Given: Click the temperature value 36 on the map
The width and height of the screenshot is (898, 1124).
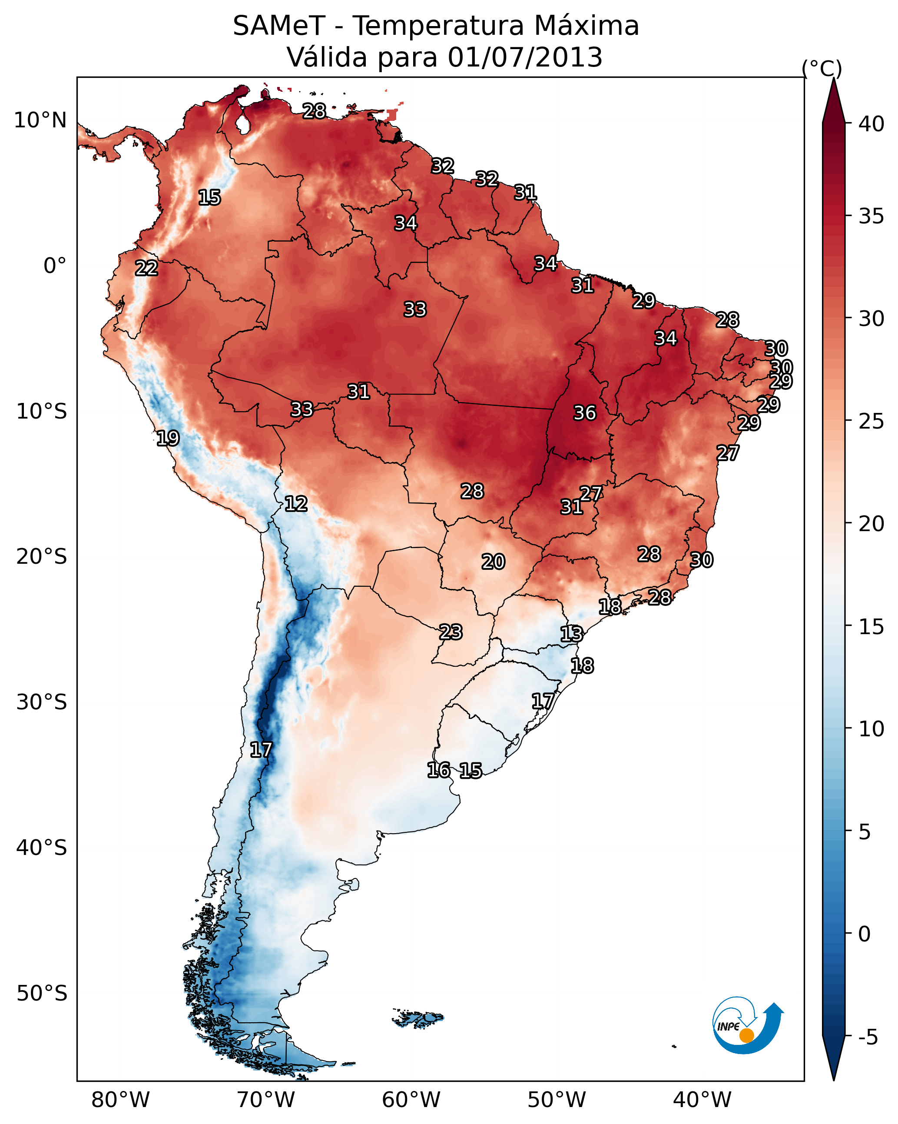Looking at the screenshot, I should point(584,413).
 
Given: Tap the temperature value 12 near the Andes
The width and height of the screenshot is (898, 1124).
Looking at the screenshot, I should point(295,504).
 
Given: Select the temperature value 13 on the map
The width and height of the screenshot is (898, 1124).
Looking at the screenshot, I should point(571,634).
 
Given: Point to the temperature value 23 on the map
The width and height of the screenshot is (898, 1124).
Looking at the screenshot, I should point(450,632).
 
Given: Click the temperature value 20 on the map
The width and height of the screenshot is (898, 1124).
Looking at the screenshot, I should point(493,562).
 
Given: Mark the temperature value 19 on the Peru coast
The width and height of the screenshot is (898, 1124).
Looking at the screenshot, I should point(168,438).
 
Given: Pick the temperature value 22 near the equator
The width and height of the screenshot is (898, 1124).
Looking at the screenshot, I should point(146,268).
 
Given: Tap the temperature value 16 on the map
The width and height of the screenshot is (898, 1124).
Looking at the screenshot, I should point(438,770).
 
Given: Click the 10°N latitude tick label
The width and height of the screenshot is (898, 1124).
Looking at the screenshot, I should point(40,120).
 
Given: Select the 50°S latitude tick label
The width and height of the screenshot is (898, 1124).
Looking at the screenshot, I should point(42,993).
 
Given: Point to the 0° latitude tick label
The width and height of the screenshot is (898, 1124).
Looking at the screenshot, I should point(55,266).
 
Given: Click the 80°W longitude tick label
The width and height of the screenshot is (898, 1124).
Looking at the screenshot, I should point(120,1100).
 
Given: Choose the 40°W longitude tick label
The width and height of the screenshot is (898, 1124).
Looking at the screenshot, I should point(702,1100).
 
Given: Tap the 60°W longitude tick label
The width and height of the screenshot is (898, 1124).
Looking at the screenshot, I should point(411,1100).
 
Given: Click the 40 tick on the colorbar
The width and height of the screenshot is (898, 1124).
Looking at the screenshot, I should point(871,124).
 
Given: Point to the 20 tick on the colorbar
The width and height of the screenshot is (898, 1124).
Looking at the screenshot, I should point(871,524).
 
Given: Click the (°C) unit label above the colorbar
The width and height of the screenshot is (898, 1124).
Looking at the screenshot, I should point(822,68).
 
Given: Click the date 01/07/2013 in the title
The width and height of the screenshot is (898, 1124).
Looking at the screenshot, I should point(525,57).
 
